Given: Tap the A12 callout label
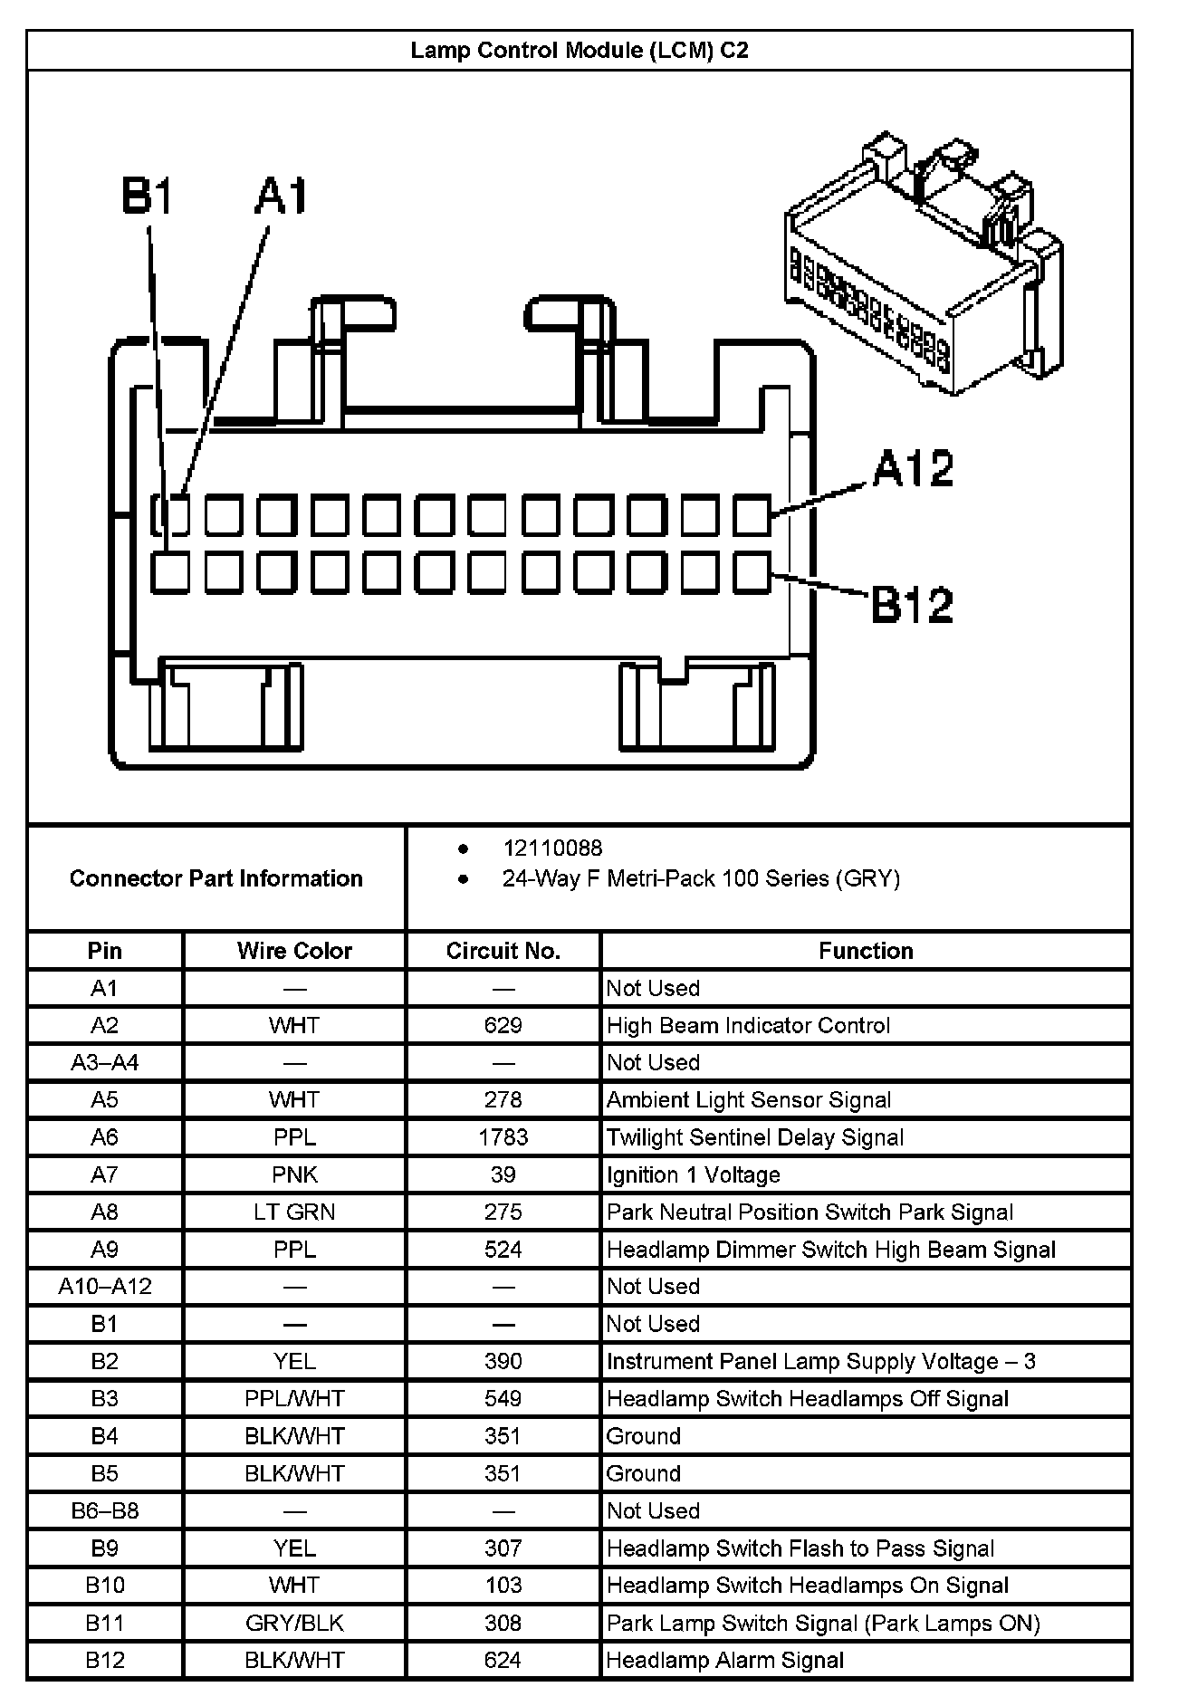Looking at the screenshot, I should pyautogui.click(x=913, y=469).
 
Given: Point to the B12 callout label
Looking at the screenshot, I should pyautogui.click(x=912, y=605).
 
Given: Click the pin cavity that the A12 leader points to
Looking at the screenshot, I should pyautogui.click(x=752, y=515).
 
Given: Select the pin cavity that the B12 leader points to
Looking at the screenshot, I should pyautogui.click(x=752, y=573).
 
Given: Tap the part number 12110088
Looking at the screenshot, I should pyautogui.click(x=552, y=848).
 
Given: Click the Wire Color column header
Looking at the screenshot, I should pyautogui.click(x=294, y=951).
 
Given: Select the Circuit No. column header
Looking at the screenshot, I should pyautogui.click(x=503, y=951).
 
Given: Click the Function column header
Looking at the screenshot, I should pyautogui.click(x=866, y=951).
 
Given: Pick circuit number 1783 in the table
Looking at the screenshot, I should pyautogui.click(x=503, y=1137).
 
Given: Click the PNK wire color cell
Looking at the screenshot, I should pyautogui.click(x=294, y=1174).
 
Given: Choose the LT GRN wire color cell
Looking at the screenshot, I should pyautogui.click(x=294, y=1212).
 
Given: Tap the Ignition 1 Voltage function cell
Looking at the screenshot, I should pyautogui.click(x=694, y=1174).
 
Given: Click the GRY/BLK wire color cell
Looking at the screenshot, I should pyautogui.click(x=294, y=1624).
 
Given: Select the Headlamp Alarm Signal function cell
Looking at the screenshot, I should pyautogui.click(x=725, y=1661).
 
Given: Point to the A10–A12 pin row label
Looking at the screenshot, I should pyautogui.click(x=105, y=1287).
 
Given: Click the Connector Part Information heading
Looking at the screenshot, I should pyautogui.click(x=216, y=878).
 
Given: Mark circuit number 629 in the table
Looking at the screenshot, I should pyautogui.click(x=503, y=1025).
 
